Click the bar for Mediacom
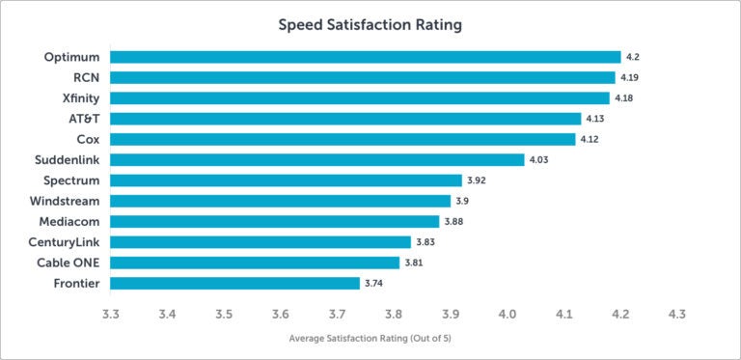coord(274,221)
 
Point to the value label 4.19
coord(629,77)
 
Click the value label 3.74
coord(374,283)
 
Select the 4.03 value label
coord(538,159)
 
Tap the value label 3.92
coord(477,180)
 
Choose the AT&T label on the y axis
coord(80,119)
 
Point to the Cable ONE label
coord(69,263)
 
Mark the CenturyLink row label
coord(64,241)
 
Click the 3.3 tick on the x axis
coord(110,314)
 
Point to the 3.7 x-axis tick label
coord(337,314)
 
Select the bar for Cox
coord(343,139)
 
